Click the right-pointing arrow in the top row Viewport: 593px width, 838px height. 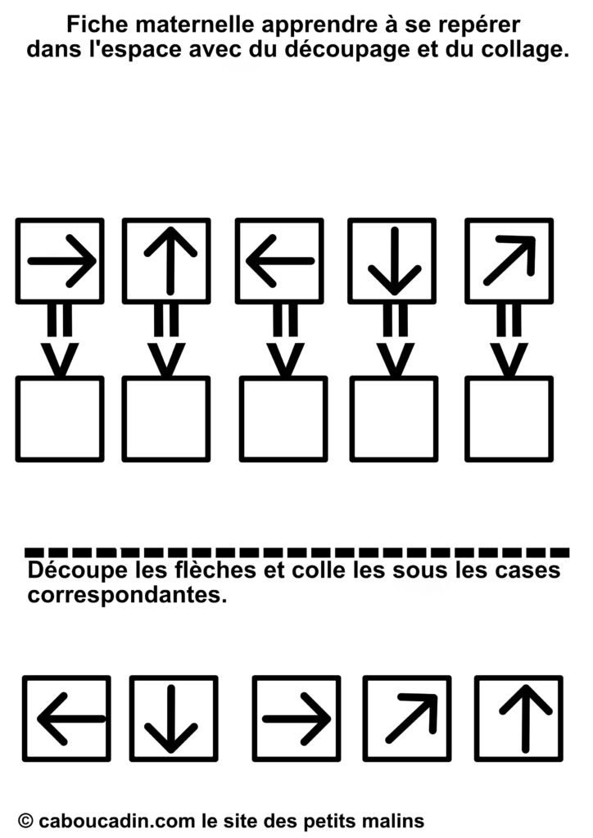click(x=62, y=261)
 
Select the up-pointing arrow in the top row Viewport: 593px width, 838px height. click(x=170, y=261)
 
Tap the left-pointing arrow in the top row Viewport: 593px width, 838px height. click(x=280, y=261)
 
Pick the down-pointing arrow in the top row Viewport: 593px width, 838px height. click(x=395, y=261)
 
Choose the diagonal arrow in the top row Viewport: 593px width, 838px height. click(x=509, y=260)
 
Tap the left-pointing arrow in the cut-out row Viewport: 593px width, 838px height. click(x=71, y=719)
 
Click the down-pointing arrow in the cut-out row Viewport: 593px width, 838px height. click(x=171, y=719)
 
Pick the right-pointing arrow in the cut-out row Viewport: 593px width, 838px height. click(x=296, y=719)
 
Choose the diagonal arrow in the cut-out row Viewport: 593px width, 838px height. click(x=411, y=719)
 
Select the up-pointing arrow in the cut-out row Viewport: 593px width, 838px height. click(x=526, y=719)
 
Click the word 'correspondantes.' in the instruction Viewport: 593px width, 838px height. click(x=128, y=595)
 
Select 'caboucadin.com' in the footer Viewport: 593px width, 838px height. click(x=116, y=820)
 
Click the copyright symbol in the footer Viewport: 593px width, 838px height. click(x=25, y=820)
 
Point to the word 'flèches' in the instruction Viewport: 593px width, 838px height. click(x=216, y=570)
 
